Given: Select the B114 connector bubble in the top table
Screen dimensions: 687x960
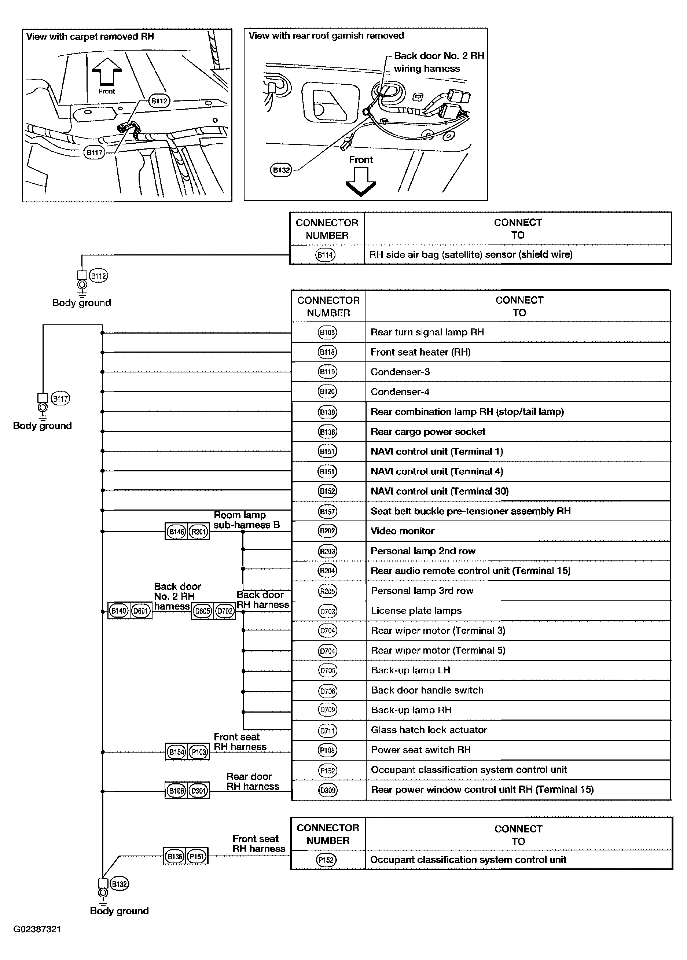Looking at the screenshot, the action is pyautogui.click(x=325, y=255).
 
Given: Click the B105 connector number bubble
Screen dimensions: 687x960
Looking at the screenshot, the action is pyautogui.click(x=327, y=332).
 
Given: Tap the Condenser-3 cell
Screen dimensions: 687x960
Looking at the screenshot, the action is pyautogui.click(x=400, y=372).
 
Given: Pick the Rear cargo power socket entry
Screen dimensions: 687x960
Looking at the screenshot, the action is pyautogui.click(x=428, y=432).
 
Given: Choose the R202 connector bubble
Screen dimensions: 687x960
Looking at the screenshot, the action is pyautogui.click(x=327, y=531).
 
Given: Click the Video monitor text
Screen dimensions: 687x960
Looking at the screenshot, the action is pyautogui.click(x=402, y=531).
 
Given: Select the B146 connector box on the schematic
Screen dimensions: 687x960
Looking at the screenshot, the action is pyautogui.click(x=176, y=532).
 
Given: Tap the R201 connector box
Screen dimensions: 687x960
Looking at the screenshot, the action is pyautogui.click(x=198, y=532).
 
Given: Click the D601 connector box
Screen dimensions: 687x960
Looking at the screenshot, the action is pyautogui.click(x=140, y=611).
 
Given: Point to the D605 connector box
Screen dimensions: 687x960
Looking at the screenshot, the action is pyautogui.click(x=202, y=611).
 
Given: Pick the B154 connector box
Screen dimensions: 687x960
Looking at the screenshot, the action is pyautogui.click(x=176, y=752).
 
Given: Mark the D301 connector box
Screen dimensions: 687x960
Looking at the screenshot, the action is pyautogui.click(x=198, y=790).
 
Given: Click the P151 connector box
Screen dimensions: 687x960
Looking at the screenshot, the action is pyautogui.click(x=197, y=856).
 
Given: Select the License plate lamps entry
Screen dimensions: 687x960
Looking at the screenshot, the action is pyautogui.click(x=416, y=611).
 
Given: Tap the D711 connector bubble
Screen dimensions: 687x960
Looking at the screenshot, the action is pyautogui.click(x=327, y=731).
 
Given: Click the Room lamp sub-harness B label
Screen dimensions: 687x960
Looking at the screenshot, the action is pyautogui.click(x=247, y=520).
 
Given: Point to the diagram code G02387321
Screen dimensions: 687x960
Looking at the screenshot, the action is pyautogui.click(x=37, y=929).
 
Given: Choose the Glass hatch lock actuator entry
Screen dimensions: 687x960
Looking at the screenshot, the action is pyautogui.click(x=429, y=730).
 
